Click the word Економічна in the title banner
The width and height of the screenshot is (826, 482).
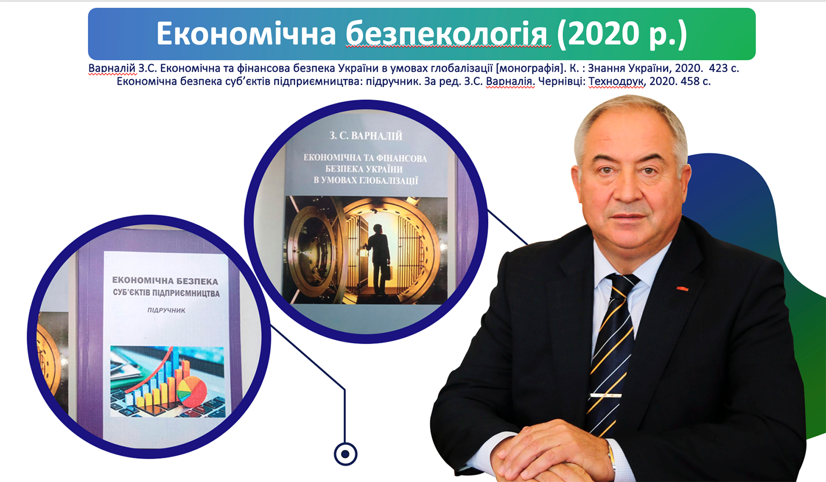(246, 34)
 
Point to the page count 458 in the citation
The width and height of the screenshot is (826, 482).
(690, 81)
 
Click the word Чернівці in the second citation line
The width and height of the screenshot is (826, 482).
(562, 81)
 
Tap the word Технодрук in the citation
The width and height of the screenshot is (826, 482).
(616, 81)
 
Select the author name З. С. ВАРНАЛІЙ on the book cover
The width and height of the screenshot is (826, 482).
(366, 136)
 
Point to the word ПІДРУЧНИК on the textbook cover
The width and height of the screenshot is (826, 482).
(166, 310)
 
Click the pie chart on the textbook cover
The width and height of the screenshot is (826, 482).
(192, 391)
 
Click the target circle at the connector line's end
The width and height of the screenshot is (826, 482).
(345, 454)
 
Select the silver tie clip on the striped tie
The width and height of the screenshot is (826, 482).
(606, 395)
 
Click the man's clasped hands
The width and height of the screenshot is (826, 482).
(553, 453)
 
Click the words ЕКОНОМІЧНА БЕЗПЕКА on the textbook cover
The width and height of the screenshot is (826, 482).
(165, 281)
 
